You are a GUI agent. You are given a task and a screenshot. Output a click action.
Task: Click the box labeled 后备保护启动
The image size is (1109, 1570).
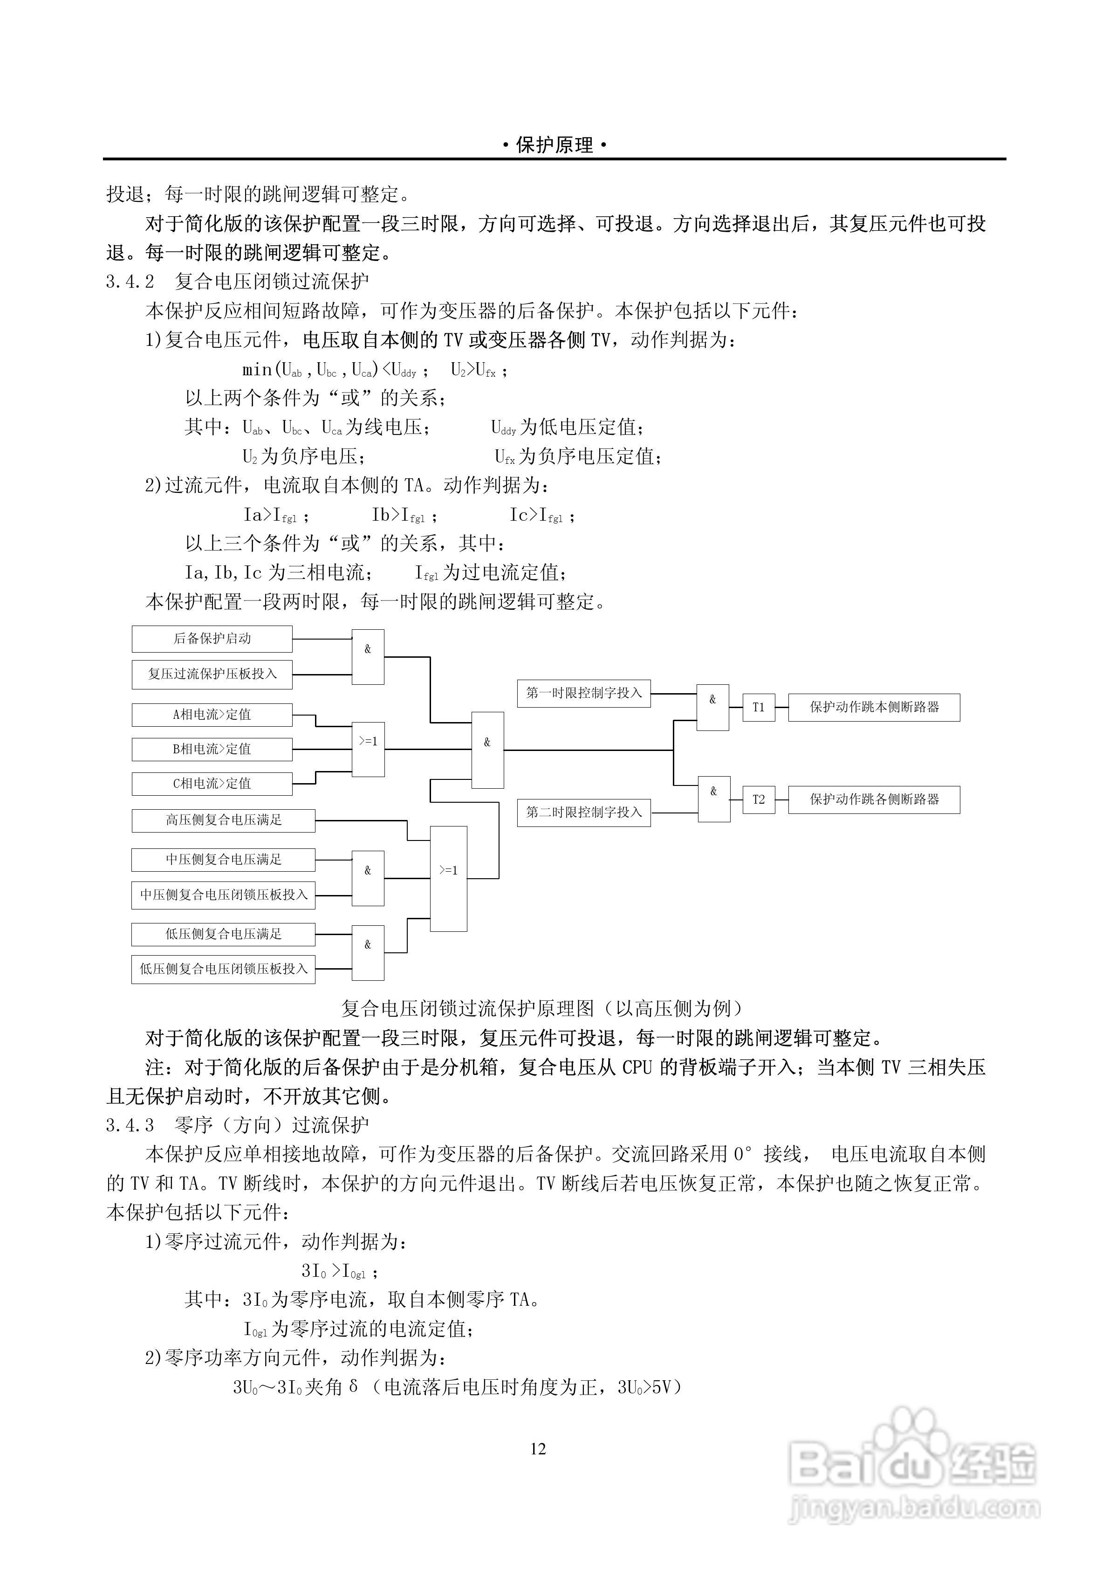tap(212, 639)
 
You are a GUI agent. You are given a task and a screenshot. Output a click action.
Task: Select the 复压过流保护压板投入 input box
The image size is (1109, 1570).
tap(212, 674)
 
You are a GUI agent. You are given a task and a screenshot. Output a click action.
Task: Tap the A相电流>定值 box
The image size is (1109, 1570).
tap(212, 715)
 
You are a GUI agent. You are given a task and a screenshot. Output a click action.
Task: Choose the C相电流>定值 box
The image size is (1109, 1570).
tap(212, 784)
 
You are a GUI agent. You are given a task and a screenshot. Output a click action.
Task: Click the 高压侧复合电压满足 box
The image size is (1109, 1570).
tap(223, 820)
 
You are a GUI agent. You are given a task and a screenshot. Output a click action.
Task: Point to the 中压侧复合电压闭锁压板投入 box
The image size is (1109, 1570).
tap(223, 895)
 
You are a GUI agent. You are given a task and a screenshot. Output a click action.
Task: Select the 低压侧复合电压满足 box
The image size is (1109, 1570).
tap(223, 934)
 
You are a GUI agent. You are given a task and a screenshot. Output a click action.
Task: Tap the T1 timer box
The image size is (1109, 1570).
tap(758, 708)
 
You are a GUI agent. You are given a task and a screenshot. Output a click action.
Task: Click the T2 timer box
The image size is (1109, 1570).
tap(758, 799)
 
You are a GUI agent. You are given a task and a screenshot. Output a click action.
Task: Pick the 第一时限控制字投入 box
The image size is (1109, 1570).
tap(583, 693)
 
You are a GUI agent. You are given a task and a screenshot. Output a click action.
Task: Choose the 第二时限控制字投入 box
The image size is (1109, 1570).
tap(583, 813)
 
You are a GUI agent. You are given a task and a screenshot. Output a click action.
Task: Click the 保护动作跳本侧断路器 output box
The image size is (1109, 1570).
tap(874, 708)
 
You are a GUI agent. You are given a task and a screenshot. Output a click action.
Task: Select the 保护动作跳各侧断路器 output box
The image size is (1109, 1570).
tap(874, 799)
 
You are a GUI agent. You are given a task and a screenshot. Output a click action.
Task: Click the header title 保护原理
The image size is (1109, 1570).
tap(554, 145)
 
